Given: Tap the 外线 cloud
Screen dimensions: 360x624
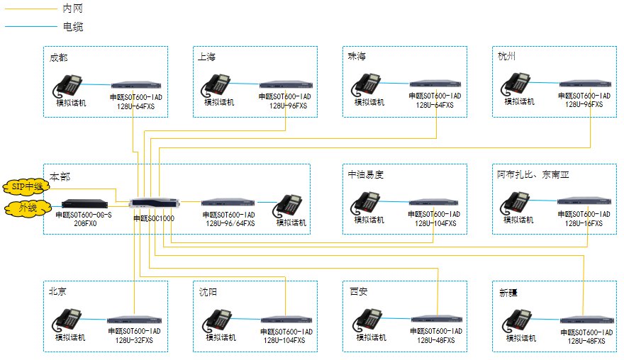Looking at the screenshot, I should point(27,208).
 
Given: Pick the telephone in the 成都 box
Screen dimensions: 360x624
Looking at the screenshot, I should point(70,84).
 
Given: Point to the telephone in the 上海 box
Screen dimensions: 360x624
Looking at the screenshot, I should point(218,84).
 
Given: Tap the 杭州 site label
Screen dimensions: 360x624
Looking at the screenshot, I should point(508,57).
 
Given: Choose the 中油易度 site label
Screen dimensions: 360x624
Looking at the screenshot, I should point(365,174).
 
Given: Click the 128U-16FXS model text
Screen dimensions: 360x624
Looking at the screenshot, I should point(584,223).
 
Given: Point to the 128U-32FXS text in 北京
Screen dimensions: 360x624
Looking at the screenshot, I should point(134,340).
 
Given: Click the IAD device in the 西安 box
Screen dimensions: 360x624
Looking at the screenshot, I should point(436,320).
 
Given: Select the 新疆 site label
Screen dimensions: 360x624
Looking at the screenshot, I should point(509,292).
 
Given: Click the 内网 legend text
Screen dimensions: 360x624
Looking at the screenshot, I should point(72,9).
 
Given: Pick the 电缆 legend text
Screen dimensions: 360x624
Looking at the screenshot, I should point(72,27).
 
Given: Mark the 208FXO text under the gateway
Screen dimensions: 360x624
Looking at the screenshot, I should point(84,223).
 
